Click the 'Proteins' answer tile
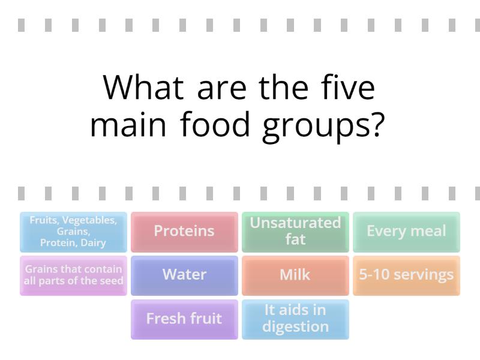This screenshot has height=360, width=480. tap(184, 232)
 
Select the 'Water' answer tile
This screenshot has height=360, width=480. tap(184, 275)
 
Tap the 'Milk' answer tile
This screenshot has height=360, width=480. tap(295, 275)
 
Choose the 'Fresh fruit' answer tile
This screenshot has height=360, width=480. tap(184, 319)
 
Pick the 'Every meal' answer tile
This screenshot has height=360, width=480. tap(406, 232)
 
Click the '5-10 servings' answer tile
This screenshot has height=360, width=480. tap(406, 275)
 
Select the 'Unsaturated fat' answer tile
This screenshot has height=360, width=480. tap(295, 232)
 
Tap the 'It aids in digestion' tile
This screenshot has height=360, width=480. tap(295, 319)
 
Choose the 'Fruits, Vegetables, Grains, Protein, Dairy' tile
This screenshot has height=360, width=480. tap(73, 232)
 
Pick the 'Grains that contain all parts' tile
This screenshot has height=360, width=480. tap(73, 275)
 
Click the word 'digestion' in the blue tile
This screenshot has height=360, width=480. tap(295, 327)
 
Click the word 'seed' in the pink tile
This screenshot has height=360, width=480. tap(112, 281)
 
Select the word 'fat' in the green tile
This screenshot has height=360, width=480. tap(295, 239)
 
